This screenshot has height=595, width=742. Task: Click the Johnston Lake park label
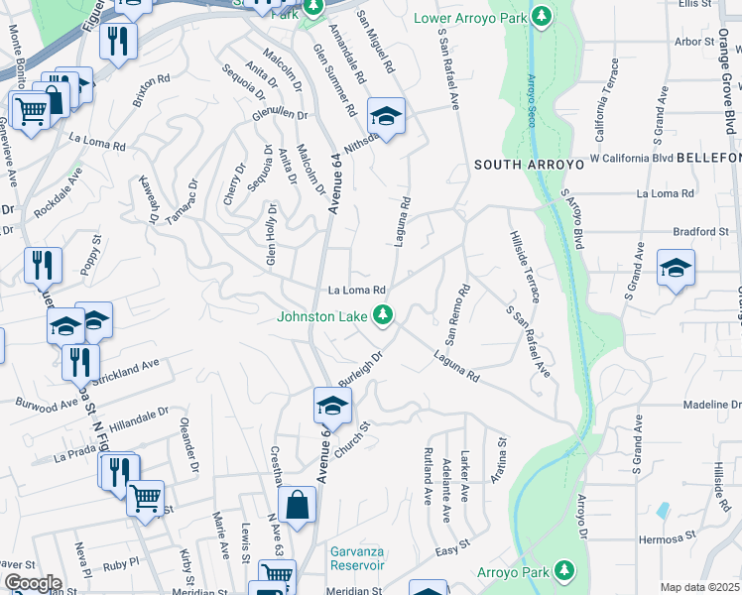coord(322,317)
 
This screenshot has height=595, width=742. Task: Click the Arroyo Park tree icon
coord(564,570)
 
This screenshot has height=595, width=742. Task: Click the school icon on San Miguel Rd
coord(386,115)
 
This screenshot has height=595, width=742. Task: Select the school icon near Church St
coord(332,404)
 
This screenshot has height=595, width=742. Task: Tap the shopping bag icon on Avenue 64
coord(297,505)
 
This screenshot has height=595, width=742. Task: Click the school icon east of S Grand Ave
coord(676,267)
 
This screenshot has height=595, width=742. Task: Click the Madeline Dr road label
coord(712,406)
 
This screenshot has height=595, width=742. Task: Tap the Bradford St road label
coord(700,232)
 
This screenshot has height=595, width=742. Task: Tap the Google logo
coord(32,583)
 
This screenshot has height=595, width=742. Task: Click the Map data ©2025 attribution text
coord(700,587)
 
